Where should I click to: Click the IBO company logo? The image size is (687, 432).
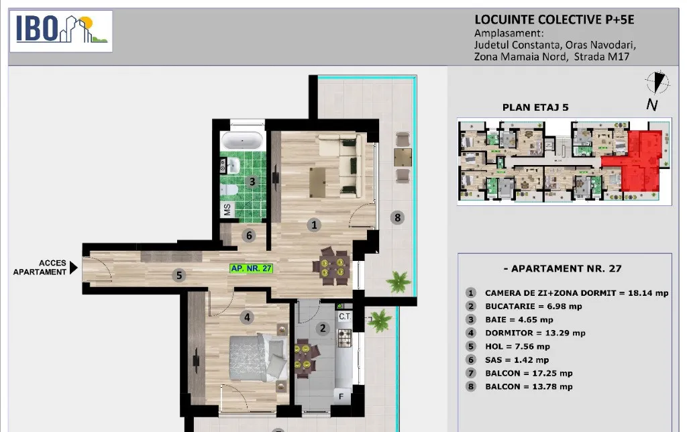61,31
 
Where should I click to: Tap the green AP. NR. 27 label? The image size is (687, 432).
252,268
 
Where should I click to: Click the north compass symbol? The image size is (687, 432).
657,83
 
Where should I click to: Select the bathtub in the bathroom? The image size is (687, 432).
242,141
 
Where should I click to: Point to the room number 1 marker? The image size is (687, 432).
314,225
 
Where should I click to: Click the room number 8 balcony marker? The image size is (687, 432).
397,217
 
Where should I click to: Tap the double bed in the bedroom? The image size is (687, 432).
258,357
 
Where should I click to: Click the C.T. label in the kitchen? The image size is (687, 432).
345,317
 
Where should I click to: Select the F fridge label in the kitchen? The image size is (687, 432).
341,396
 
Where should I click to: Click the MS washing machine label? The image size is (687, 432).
227,209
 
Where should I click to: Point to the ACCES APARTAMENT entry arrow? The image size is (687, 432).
74,267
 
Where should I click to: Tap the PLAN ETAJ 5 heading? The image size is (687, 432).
535,107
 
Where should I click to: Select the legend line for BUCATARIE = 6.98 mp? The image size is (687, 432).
533,307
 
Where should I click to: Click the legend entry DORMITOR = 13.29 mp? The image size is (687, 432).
535,333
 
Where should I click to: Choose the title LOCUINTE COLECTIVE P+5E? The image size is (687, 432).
554,19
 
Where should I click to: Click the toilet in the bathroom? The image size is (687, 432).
229,190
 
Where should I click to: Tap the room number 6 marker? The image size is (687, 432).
249,235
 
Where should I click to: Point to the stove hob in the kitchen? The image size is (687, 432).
344,338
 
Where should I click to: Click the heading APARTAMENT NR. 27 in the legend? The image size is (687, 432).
563,268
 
